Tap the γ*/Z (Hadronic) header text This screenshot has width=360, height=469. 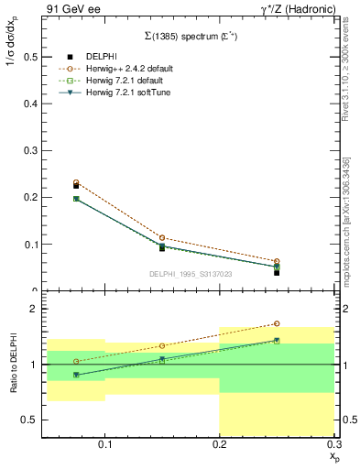pos(292,9)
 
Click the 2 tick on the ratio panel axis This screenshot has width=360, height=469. pos(34,309)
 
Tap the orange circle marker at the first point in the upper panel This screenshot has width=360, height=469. pos(76,182)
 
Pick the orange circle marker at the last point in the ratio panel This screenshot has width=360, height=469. pos(277,323)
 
